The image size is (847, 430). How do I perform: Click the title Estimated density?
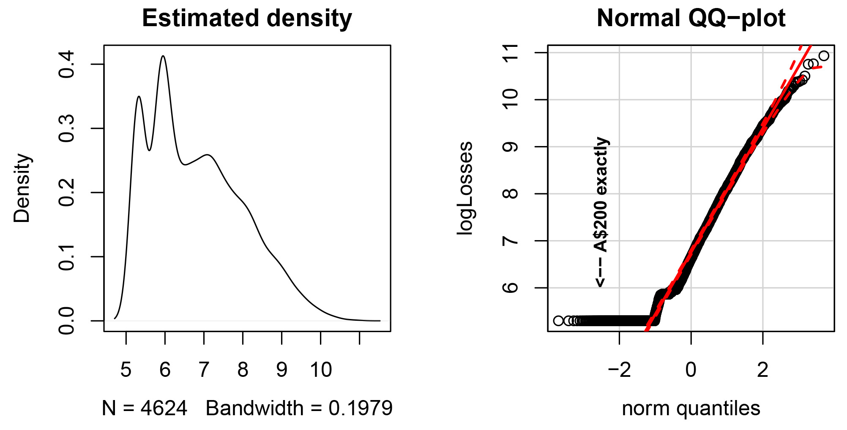click(x=247, y=19)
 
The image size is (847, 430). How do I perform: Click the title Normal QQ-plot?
click(x=691, y=19)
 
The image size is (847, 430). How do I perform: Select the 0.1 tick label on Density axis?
click(x=67, y=257)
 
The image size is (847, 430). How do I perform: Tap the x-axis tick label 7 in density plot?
click(x=204, y=370)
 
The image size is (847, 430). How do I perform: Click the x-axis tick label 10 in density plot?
click(x=321, y=370)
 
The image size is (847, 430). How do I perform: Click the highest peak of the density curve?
click(x=163, y=56)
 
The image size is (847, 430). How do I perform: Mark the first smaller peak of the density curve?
click(x=139, y=97)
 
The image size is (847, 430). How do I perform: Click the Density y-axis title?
click(x=22, y=188)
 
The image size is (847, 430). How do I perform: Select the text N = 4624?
click(x=145, y=408)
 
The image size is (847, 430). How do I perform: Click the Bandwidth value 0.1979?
click(x=361, y=408)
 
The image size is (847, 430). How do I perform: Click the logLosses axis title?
click(x=465, y=188)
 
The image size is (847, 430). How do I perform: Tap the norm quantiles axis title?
click(x=691, y=408)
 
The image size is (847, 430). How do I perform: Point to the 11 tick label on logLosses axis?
click(x=511, y=53)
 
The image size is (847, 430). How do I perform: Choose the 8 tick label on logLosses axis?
click(x=511, y=194)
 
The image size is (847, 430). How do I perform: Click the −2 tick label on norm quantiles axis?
click(x=619, y=370)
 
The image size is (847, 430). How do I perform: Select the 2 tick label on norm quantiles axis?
click(x=762, y=370)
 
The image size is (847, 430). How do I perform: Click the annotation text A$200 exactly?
click(x=601, y=194)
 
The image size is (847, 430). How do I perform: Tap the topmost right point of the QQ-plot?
click(x=823, y=56)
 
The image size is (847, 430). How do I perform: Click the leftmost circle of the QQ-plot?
click(x=558, y=321)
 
